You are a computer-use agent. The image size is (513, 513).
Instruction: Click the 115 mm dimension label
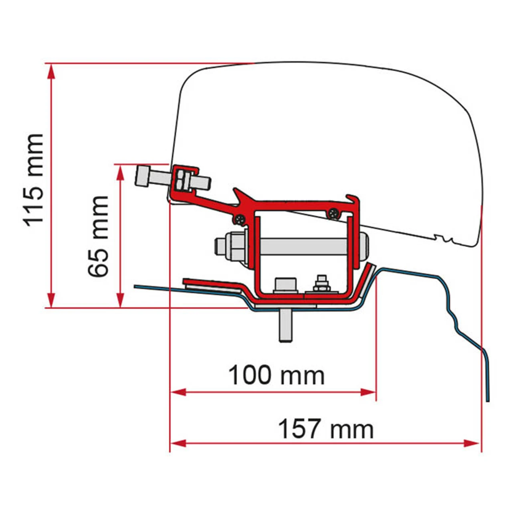34,180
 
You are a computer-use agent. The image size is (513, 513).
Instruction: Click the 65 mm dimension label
99,236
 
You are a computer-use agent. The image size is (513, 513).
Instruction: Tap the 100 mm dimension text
276,376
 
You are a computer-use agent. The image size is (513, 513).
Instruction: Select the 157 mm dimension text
325,429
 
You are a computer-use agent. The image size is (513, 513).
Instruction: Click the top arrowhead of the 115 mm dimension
51,71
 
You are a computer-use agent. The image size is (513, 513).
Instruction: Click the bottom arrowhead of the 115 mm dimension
51,300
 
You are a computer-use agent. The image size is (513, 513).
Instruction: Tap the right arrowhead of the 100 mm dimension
369,392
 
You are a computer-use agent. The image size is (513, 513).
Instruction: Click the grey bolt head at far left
143,176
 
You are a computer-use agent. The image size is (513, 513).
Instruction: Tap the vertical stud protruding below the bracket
285,325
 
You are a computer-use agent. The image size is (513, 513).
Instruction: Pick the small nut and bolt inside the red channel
321,285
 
